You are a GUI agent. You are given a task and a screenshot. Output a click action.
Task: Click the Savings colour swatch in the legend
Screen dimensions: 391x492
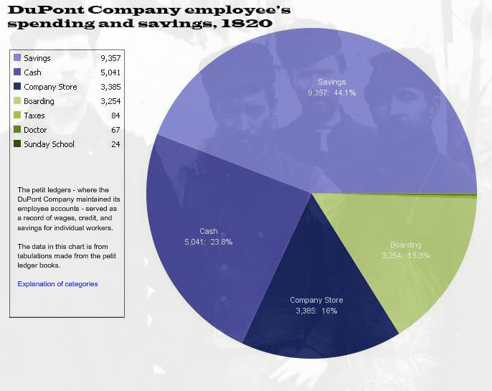(x=17, y=58)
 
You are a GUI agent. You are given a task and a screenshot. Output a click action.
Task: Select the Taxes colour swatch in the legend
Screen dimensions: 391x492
(x=17, y=116)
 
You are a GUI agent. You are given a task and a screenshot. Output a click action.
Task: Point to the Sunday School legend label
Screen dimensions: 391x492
(x=49, y=144)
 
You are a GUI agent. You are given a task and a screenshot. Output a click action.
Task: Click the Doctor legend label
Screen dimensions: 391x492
(x=35, y=130)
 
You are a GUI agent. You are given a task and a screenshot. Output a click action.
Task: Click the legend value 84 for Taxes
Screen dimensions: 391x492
(x=115, y=116)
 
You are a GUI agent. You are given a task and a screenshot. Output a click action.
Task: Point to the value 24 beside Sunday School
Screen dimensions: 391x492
(x=115, y=144)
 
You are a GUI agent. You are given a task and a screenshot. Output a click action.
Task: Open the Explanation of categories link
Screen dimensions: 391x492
(x=57, y=284)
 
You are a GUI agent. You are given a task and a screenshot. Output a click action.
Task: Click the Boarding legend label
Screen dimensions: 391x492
(x=39, y=101)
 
